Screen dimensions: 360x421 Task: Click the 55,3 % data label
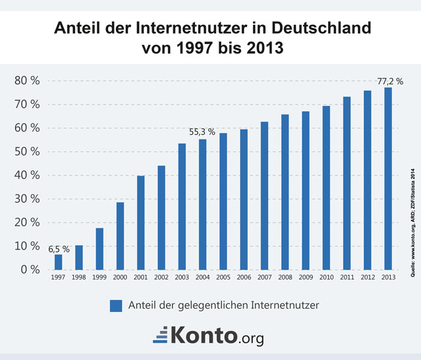(202, 132)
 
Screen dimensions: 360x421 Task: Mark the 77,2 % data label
(389, 82)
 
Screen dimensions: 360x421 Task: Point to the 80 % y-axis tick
(27, 81)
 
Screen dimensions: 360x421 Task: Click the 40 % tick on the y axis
(27, 175)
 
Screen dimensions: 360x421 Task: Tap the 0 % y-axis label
(30, 269)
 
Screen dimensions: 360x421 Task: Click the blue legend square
(117, 305)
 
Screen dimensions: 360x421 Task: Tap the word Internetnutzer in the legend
(287, 305)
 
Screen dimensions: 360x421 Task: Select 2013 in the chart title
(267, 49)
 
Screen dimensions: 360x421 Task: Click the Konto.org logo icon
(160, 336)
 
